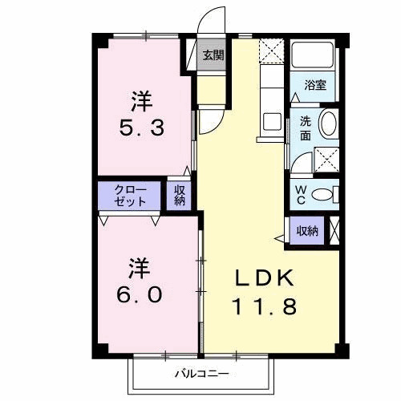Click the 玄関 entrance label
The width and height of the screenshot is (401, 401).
(213, 55)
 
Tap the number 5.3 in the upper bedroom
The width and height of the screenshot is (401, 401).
(143, 127)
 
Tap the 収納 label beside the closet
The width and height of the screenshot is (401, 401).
(180, 196)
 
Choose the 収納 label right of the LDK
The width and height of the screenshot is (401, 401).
(307, 231)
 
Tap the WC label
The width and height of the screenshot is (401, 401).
(298, 193)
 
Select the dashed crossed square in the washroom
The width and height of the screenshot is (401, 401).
(326, 159)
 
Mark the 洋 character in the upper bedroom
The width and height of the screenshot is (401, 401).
(142, 101)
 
